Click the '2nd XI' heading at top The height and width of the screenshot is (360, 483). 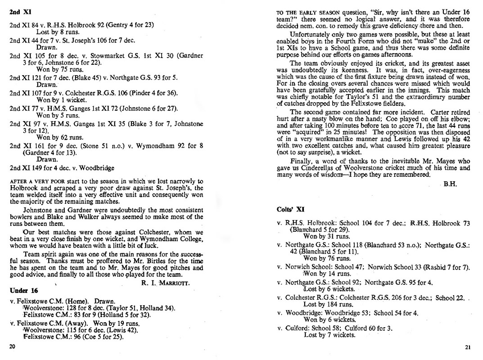coord(18,11)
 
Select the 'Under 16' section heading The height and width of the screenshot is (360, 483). coord(22,290)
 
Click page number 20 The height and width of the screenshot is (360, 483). coord(12,346)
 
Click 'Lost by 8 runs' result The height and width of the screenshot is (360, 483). coord(58,32)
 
